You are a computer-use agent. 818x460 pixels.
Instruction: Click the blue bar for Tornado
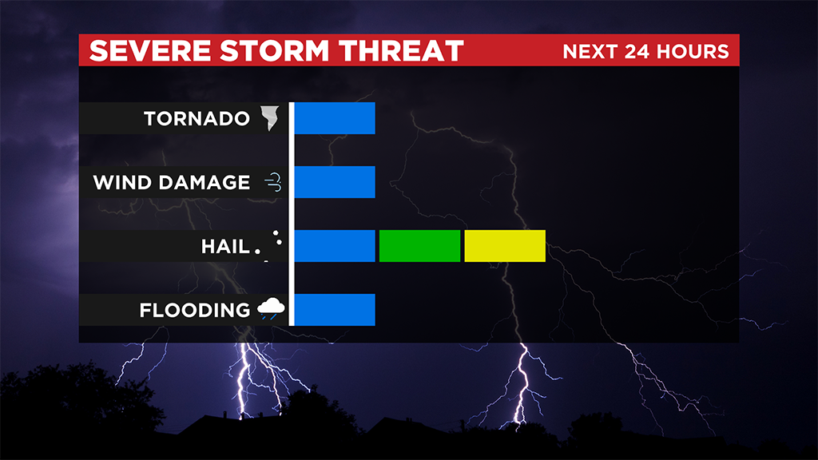pos(335,118)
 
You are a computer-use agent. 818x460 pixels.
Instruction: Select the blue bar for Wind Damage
pos(335,182)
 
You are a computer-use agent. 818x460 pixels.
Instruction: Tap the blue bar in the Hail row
pos(335,246)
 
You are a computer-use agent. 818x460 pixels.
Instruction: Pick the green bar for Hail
pos(419,246)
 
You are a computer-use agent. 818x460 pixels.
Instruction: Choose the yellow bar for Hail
pos(505,246)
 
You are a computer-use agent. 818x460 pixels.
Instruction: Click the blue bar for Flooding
pos(335,310)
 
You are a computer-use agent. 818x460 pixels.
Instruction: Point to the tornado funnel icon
pos(270,118)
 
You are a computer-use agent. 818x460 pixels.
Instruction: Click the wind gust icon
pos(273,182)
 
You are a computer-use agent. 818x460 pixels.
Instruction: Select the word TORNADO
pos(197,118)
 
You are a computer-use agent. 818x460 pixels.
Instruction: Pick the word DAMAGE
pos(204,183)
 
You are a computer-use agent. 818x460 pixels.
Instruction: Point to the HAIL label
pos(225,246)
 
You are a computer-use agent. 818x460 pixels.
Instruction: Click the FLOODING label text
pos(195,311)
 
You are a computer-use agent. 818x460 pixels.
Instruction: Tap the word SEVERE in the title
pos(150,50)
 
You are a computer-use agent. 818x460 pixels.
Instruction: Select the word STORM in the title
pos(275,50)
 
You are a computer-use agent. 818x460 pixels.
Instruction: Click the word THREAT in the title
pos(401,50)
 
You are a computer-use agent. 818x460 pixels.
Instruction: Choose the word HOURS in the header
pos(693,52)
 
